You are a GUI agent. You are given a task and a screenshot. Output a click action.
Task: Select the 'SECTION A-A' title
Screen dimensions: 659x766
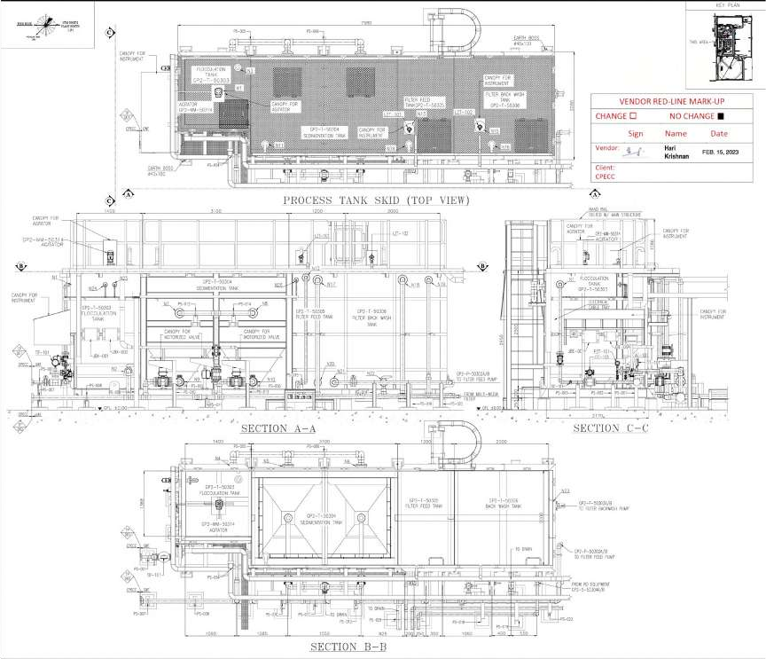pos(278,428)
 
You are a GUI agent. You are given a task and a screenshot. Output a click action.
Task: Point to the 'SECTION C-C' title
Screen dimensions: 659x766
pos(608,428)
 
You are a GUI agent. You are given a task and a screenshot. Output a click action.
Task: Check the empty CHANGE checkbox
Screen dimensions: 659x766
pos(633,116)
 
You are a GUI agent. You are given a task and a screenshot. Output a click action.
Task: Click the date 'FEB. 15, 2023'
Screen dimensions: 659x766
pos(720,151)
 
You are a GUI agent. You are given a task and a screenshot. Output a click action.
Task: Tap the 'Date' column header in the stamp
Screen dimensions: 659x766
pos(718,133)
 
